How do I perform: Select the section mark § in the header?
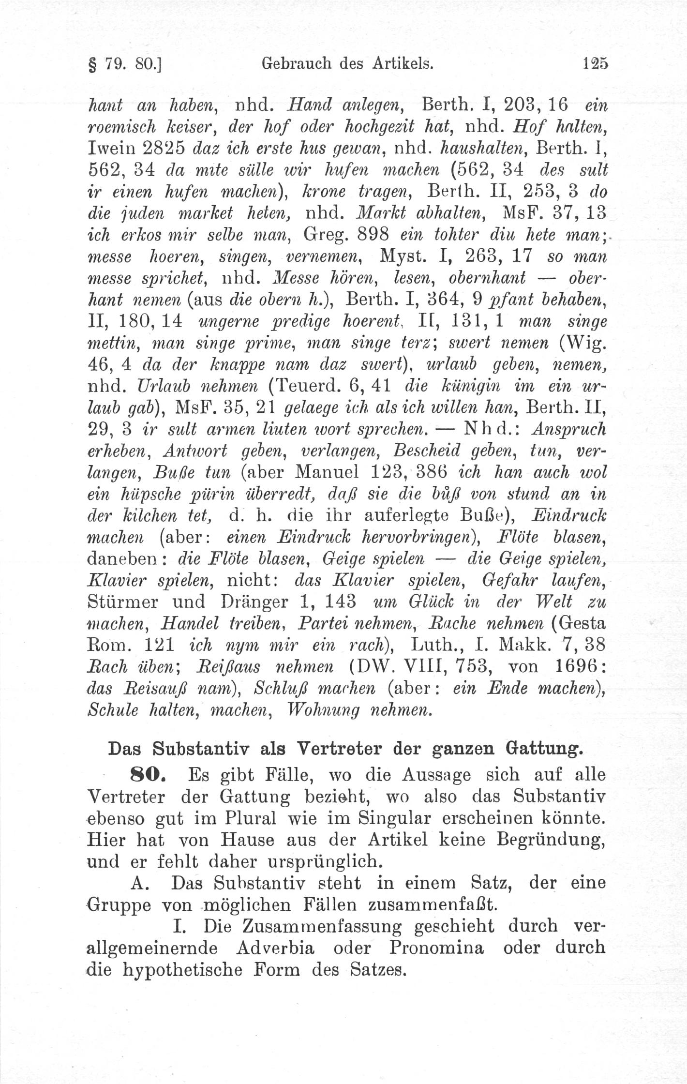(x=90, y=64)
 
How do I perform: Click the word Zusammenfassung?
(x=301, y=924)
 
